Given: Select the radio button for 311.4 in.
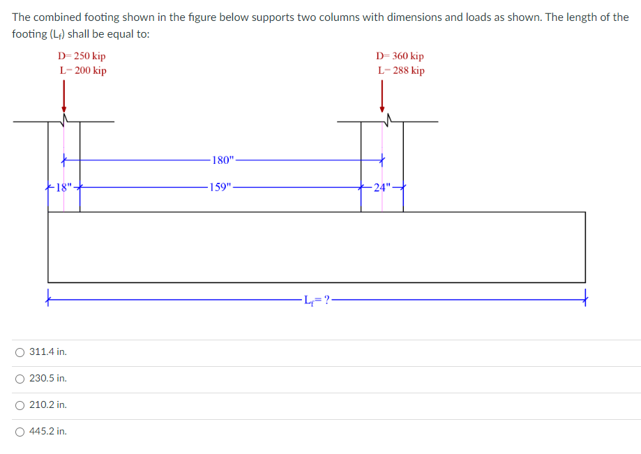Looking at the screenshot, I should tap(20, 352).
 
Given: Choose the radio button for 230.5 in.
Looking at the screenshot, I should tap(20, 379).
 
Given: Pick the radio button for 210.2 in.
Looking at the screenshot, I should tap(20, 405).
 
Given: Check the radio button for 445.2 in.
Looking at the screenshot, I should tap(20, 432).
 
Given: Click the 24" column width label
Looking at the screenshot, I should tap(382, 188).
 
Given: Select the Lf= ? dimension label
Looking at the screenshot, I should tap(317, 301).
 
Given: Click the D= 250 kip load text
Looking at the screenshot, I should tap(82, 56).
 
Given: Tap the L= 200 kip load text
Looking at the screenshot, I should tap(82, 70).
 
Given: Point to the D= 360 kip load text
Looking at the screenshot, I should tap(400, 56).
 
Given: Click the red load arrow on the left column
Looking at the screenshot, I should tap(64, 96).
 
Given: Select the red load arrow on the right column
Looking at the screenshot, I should tap(382, 96).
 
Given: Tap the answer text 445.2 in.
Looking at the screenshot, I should tap(48, 432).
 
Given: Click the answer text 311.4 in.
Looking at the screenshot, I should tap(48, 352).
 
